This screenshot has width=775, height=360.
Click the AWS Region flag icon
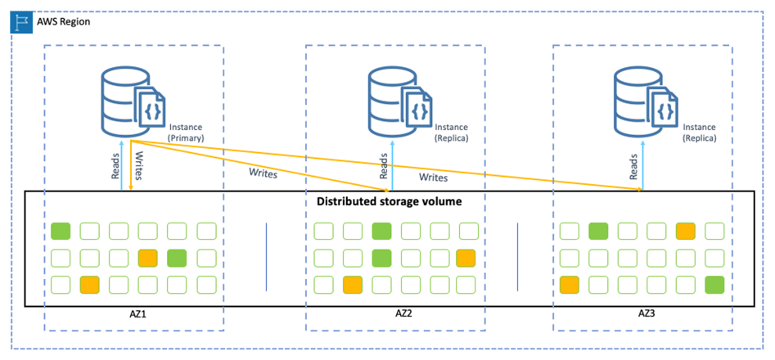(20, 21)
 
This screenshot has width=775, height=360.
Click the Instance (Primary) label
(186, 133)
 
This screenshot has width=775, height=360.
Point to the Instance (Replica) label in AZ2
(451, 133)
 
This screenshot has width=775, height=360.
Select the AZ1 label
(133, 314)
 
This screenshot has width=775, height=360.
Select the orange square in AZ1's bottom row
(90, 286)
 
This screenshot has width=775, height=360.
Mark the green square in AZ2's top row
(380, 232)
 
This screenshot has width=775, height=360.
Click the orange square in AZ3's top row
(685, 232)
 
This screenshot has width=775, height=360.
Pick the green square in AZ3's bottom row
(714, 286)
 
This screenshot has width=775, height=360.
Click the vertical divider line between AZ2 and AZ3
(517, 258)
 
